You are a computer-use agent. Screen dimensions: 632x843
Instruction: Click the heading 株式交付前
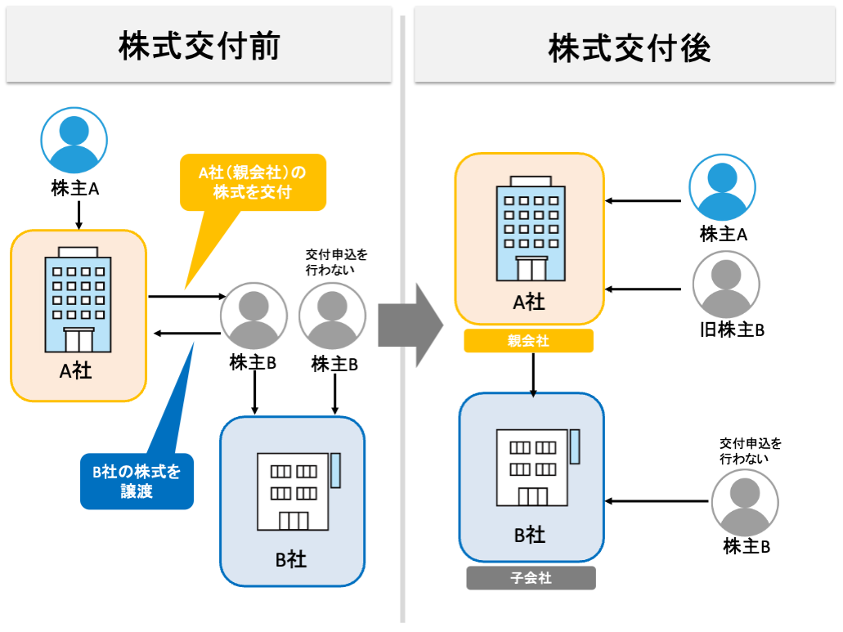[x=199, y=47]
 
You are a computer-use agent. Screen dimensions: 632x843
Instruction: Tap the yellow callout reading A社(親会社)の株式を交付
[x=252, y=182]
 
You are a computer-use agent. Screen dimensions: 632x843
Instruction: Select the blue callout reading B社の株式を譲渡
[x=137, y=481]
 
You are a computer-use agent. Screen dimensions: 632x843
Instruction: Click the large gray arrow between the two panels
[x=410, y=325]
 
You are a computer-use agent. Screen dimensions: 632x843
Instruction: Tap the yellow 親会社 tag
[x=528, y=341]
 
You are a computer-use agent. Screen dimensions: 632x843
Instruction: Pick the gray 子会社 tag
[x=531, y=578]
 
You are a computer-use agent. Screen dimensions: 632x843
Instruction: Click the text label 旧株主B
[x=732, y=329]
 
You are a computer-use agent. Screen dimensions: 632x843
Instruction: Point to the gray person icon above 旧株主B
[x=726, y=284]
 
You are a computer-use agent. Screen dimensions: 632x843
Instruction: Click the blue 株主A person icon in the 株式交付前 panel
[x=75, y=141]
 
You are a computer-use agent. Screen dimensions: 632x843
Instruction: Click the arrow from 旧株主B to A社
[x=644, y=289]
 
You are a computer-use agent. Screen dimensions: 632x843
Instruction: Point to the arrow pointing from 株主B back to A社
[x=187, y=332]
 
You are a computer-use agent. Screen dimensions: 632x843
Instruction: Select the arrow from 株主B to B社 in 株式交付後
[x=658, y=501]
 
